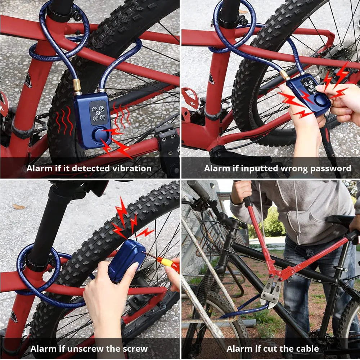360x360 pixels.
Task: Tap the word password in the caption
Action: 330,168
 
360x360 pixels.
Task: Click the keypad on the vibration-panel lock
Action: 99,112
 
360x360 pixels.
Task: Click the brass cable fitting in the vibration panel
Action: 77,86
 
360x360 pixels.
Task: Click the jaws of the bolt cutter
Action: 271,292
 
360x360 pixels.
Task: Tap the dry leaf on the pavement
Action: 19,207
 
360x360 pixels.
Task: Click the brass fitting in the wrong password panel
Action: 285,75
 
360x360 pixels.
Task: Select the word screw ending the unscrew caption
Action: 135,349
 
